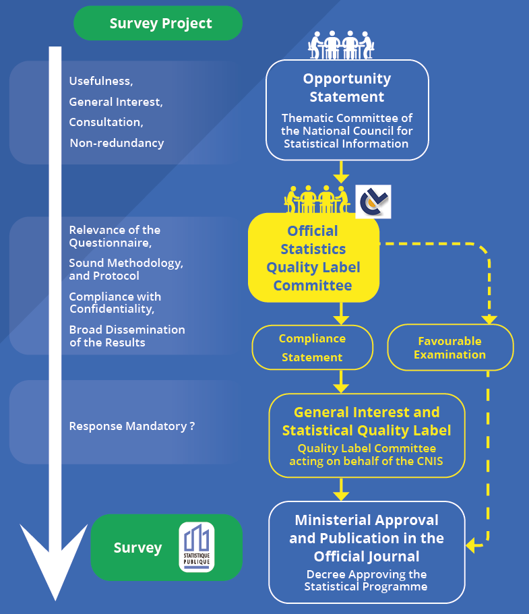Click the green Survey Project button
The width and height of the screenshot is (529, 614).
coord(158,23)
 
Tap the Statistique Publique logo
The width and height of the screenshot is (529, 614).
coord(197,547)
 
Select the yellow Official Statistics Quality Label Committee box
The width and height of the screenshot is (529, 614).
coord(313,257)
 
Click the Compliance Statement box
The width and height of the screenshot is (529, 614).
coord(313,348)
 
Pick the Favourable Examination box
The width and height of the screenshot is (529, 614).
coord(450,348)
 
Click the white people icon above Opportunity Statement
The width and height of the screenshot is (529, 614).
coord(341,45)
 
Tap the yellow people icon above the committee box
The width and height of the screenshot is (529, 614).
coord(317,199)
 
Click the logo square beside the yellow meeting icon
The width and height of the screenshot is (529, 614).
coord(373,202)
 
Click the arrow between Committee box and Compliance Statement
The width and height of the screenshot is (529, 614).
coord(341,313)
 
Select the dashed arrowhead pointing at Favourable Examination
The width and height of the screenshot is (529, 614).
coord(489,319)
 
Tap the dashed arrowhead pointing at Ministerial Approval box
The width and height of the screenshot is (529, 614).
coord(470,545)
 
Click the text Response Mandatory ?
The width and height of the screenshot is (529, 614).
coord(132,426)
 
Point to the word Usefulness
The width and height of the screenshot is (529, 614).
coord(100,81)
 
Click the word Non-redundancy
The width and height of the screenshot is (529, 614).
coord(117,143)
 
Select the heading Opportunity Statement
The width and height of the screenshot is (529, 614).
coord(347,88)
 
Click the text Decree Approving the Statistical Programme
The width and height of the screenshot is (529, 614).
coord(366,580)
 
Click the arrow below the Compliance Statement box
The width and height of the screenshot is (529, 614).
coord(341,381)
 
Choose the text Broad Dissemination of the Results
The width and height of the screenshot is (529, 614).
coord(127,336)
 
